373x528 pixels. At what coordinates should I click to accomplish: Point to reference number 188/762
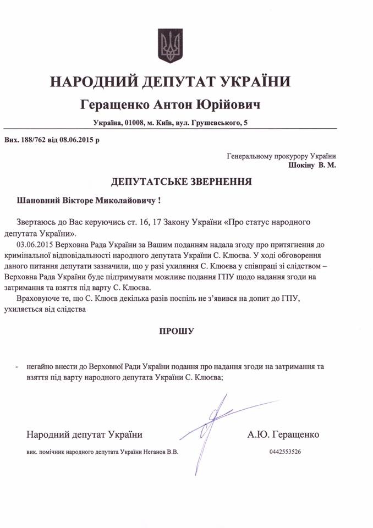(35, 140)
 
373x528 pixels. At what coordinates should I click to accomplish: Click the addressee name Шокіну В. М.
(311, 164)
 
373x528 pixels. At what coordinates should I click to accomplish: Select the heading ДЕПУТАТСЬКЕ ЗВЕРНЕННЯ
(181, 181)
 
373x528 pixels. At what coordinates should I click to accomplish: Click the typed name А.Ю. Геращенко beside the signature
(283, 435)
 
